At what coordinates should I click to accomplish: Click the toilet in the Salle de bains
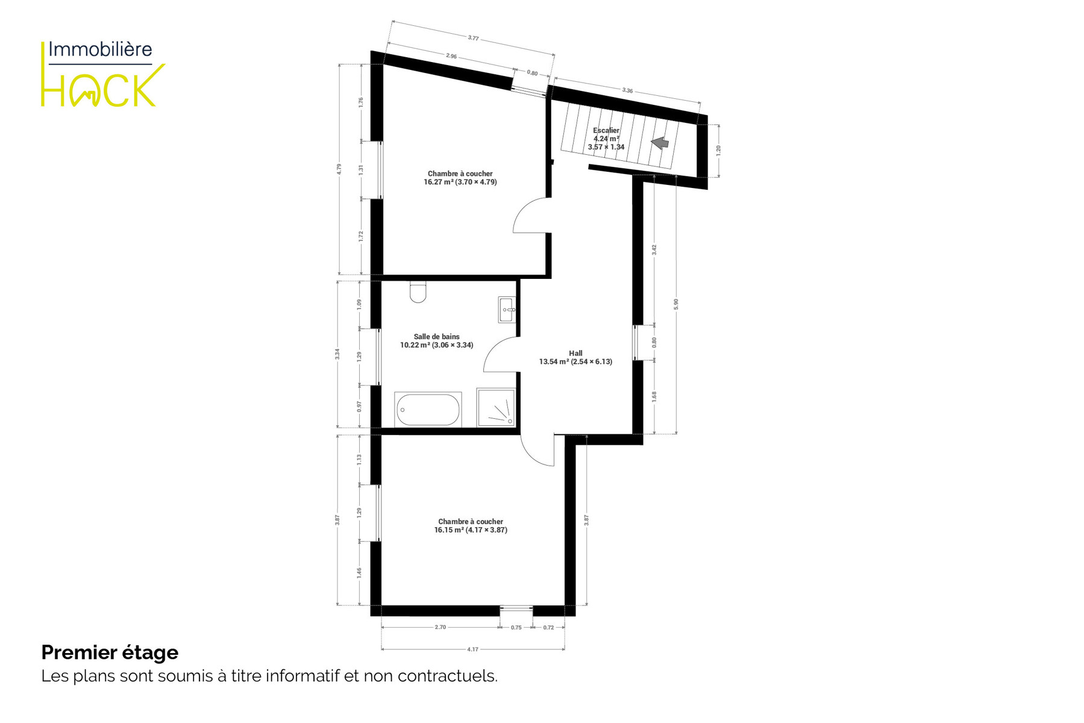coord(418,292)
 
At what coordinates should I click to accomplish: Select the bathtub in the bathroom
coord(428,410)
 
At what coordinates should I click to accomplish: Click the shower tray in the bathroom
coord(496,408)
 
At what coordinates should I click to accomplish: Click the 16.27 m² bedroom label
coord(460,178)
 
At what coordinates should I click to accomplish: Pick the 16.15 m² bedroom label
coord(471,526)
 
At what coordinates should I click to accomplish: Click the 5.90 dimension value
coord(676,304)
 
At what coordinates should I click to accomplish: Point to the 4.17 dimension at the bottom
coord(473,649)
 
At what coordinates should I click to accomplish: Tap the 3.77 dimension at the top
coord(474,38)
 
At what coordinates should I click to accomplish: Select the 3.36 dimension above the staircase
coord(627,90)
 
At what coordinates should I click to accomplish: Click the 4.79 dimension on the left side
coord(339,169)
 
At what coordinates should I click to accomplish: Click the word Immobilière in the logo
coord(100,49)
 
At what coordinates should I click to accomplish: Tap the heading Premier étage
coord(110,653)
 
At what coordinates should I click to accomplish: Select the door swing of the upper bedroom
coord(530,216)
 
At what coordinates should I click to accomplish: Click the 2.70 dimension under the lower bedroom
coord(440,627)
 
